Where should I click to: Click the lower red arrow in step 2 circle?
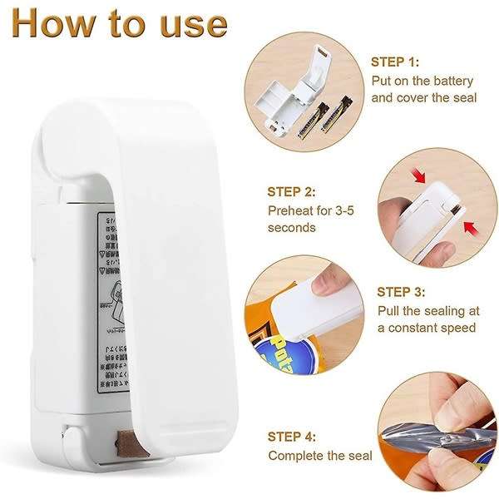tap(470, 226)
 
